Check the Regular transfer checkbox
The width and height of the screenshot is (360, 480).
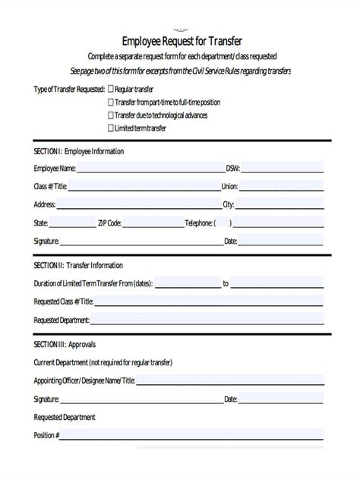coord(111,89)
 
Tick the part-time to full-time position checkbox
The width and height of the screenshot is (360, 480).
coord(111,102)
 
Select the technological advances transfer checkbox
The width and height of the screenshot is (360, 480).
coord(111,115)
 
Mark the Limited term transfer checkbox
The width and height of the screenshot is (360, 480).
coord(111,128)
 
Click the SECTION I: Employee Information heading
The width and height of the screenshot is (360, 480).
coord(79,151)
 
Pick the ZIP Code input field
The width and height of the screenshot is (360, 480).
coord(152,223)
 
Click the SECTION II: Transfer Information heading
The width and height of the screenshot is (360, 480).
coord(79,266)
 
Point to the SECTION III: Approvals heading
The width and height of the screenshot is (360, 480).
coord(65,345)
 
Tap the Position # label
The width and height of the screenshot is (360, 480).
coord(45,435)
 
